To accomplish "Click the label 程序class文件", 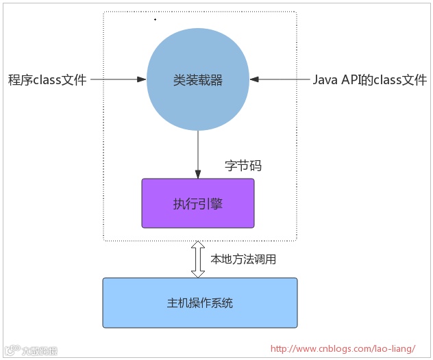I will click(x=47, y=80).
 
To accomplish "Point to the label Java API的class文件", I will click(x=370, y=80).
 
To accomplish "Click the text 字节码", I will click(x=243, y=166).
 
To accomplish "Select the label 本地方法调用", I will click(x=244, y=259).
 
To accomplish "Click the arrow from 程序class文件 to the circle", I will click(x=118, y=80).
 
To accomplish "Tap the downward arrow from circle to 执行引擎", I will click(x=198, y=155).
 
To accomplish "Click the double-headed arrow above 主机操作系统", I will click(x=198, y=259).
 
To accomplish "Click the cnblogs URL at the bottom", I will click(x=343, y=348).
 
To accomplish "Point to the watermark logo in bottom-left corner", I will click(x=31, y=350).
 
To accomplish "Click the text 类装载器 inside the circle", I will click(x=198, y=80).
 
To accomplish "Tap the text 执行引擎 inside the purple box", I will click(x=198, y=204).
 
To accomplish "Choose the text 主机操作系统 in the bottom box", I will click(x=199, y=302).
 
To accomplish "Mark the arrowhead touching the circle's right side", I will click(x=253, y=80).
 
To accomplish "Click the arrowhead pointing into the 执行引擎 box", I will click(x=198, y=175).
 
